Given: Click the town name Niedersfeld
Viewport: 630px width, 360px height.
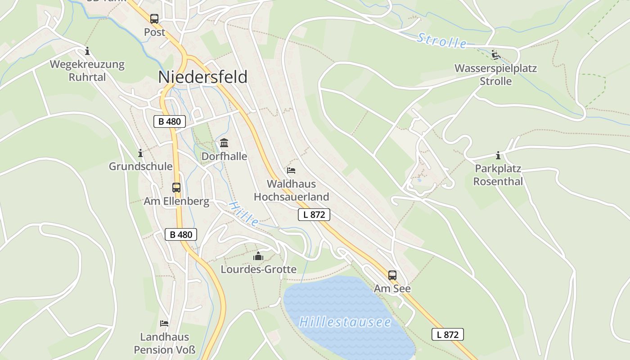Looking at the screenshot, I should tap(202, 77).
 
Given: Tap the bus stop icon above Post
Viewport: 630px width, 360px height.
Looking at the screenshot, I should tap(154, 18).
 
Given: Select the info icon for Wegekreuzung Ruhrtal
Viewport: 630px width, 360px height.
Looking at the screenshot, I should tap(87, 51).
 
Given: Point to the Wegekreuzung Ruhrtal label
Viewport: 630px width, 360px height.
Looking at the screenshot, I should tap(87, 71).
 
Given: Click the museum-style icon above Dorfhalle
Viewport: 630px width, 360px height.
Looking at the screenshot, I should tap(224, 143).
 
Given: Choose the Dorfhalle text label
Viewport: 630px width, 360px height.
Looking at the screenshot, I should tap(224, 156).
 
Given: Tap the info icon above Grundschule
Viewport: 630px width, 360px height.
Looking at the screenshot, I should tap(140, 153).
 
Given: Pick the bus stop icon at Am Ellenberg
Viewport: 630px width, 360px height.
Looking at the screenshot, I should tap(176, 188).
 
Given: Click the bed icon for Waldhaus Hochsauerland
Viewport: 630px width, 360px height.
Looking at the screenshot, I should tap(291, 171).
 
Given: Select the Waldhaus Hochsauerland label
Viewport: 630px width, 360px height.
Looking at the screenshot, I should tap(291, 190).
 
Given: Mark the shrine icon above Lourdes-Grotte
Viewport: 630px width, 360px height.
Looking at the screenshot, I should tap(258, 256).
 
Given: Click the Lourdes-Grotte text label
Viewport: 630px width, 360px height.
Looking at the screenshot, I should tap(258, 270).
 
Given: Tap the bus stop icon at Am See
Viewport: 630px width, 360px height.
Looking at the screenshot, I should tap(392, 275).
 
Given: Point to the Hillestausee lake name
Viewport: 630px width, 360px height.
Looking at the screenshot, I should tap(345, 322).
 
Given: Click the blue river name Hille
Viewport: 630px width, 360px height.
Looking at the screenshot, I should tap(243, 214).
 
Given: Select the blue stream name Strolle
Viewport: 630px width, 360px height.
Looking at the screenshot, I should tap(441, 40).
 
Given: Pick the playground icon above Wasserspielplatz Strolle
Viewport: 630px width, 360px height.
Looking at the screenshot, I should tap(495, 55).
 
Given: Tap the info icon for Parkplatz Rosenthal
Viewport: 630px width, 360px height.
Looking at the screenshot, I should tap(498, 156).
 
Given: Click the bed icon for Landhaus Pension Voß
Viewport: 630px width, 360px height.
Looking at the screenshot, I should tap(164, 324).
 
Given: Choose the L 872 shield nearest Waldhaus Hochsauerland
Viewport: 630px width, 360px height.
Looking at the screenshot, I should tap(314, 215).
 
